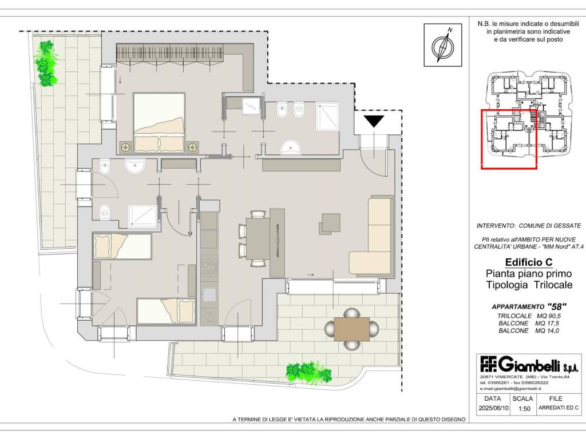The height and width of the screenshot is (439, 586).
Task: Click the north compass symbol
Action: pos(443,45)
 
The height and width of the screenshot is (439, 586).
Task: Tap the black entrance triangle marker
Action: pos(374,121)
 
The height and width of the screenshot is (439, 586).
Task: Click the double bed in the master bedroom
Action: pos(159,123)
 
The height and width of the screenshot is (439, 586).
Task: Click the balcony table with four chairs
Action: pos(351,329)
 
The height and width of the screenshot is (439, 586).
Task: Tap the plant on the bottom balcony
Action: pos(308,372)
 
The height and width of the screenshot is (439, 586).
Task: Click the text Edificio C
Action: pos(529,262)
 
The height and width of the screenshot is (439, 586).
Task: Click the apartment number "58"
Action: pos(557,307)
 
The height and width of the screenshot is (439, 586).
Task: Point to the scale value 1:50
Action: pos(524,408)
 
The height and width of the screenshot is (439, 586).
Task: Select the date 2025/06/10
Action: pos(493,408)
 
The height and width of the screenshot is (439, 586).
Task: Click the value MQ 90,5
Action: pos(548,316)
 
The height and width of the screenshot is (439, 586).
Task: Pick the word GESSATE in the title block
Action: pos(564,226)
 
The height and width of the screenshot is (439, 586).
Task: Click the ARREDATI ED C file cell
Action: pos(559,408)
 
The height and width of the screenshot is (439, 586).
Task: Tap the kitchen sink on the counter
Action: pos(209,295)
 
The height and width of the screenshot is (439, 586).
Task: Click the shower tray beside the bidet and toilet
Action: pos(328,117)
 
